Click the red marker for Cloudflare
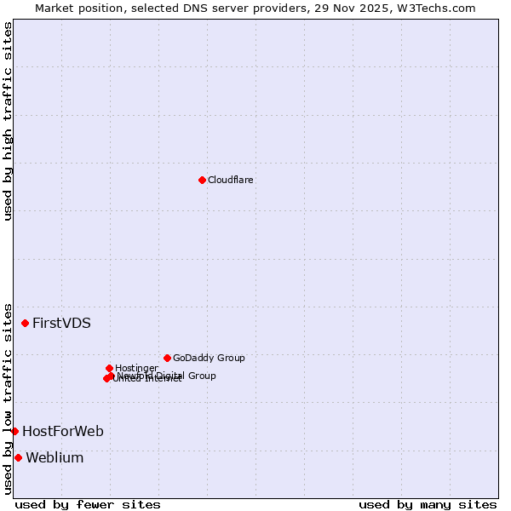202,180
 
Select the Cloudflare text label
231,181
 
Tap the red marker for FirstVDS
26,323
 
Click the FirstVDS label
61,324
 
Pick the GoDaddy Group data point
167,358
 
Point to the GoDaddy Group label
209,359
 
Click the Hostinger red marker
109,368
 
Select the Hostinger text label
136,368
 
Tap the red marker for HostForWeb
14,431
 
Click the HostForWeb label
63,432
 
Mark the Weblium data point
18,457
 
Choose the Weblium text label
55,458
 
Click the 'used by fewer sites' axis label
88,504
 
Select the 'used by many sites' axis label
428,504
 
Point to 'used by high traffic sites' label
9,121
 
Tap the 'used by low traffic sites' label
9,398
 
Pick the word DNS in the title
189,9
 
